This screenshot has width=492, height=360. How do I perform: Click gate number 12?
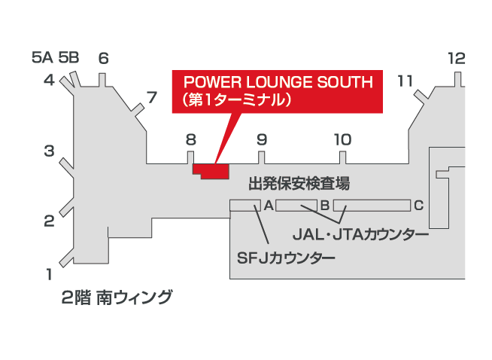tap(457, 59)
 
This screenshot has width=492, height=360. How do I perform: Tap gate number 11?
tap(405, 80)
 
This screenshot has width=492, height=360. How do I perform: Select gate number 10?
tap(342, 139)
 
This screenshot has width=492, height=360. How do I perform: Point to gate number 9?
tap(262, 139)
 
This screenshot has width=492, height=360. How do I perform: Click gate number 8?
tap(190, 139)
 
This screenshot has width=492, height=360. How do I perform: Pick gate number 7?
tap(152, 97)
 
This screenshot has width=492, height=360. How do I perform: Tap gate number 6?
tap(104, 59)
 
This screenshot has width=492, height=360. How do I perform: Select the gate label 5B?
tap(68, 57)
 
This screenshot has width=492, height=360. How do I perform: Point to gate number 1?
tap(49, 273)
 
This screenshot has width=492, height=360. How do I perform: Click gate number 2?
tap(49, 221)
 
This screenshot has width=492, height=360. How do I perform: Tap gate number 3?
tap(49, 151)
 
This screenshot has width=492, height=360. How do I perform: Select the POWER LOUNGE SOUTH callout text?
tap(278, 90)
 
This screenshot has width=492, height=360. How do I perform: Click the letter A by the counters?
tap(267, 205)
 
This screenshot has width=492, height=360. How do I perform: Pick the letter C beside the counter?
tap(419, 205)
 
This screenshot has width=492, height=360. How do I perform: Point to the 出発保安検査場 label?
tap(299, 183)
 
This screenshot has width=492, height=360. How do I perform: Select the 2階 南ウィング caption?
tap(117, 297)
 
